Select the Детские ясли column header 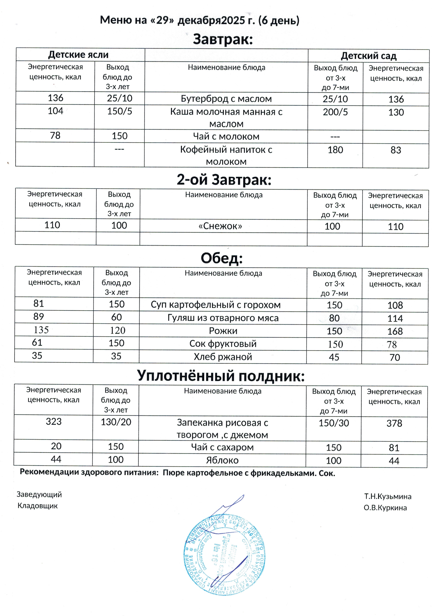click(78, 55)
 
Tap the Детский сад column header click(368, 56)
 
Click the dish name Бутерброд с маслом click(226, 99)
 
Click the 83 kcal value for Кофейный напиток click(396, 150)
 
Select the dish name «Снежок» click(220, 226)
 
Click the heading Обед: click(222, 258)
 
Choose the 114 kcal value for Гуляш click(395, 318)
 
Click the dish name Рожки click(223, 331)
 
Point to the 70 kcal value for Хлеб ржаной click(395, 357)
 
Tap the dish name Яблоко click(222, 460)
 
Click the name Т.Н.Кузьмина click(388, 497)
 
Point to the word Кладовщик click(37, 506)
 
